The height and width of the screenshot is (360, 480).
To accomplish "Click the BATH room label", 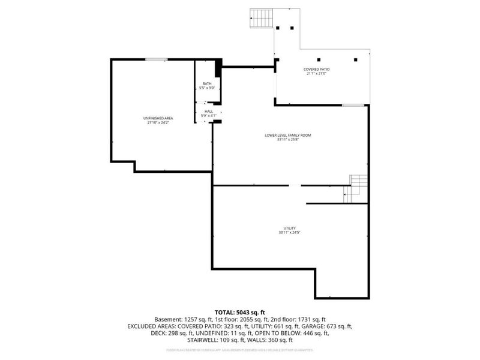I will click(207, 83).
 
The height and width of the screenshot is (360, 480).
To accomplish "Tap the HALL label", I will click(208, 111).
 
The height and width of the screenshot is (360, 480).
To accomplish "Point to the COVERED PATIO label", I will click(316, 70).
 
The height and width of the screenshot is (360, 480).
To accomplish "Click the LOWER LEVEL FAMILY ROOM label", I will click(288, 135).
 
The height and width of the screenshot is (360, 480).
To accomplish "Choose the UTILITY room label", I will click(289, 228).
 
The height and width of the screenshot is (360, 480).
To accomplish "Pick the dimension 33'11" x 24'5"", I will click(289, 233).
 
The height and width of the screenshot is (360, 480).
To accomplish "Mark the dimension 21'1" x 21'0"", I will click(316, 74).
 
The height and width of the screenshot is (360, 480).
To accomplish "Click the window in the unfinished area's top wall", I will click(156, 59).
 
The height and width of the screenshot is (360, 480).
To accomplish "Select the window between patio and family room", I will click(353, 106).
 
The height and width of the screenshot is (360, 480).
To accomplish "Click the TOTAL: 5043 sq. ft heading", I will click(239, 313).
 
